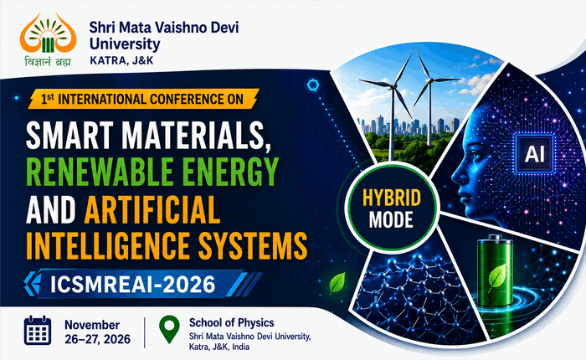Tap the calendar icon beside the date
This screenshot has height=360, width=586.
pyautogui.click(x=38, y=331)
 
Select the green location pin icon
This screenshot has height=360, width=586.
pyautogui.click(x=169, y=329)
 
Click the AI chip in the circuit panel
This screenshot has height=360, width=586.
pyautogui.click(x=534, y=154)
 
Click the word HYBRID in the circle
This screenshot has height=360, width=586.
pyautogui.click(x=392, y=198)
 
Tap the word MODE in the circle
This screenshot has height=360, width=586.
pyautogui.click(x=391, y=219)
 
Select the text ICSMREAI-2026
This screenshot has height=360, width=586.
pyautogui.click(x=132, y=284)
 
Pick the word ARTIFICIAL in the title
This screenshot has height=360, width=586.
pyautogui.click(x=152, y=209)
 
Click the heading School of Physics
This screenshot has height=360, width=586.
pyautogui.click(x=231, y=322)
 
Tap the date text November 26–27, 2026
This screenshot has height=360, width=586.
pyautogui.click(x=98, y=332)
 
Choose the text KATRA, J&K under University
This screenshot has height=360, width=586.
pyautogui.click(x=121, y=60)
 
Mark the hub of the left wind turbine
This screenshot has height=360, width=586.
pyautogui.click(x=393, y=86)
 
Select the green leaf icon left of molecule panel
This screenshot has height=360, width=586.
pyautogui.click(x=337, y=283)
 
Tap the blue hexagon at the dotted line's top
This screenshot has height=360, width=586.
pyautogui.click(x=313, y=85)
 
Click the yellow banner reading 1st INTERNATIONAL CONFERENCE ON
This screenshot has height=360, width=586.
pyautogui.click(x=143, y=99)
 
